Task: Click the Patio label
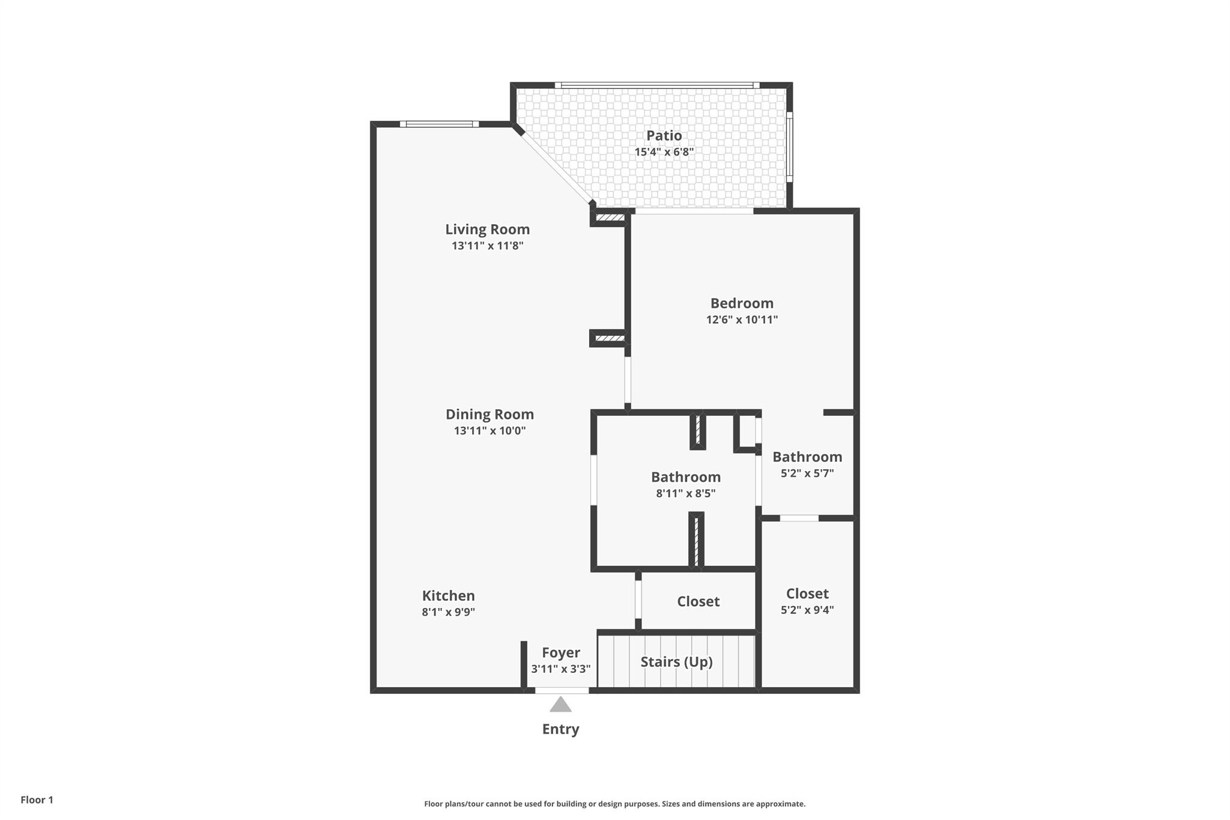click(664, 136)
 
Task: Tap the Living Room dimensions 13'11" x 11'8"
click(487, 246)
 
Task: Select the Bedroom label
click(742, 303)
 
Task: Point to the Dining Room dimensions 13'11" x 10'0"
click(489, 431)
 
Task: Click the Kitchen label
click(448, 596)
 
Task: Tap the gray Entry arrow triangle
click(560, 705)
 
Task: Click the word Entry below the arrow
click(560, 729)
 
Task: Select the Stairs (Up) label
click(676, 662)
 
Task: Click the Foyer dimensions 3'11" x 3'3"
click(560, 669)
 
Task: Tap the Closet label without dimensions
click(698, 601)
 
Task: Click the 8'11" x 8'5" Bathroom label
click(686, 478)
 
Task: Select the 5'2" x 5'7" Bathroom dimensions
click(807, 473)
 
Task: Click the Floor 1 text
click(37, 800)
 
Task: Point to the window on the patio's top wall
click(656, 85)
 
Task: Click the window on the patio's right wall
click(790, 147)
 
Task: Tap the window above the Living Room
click(439, 124)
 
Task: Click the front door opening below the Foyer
click(562, 691)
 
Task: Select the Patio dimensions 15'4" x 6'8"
click(664, 152)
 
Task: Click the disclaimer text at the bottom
click(614, 804)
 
